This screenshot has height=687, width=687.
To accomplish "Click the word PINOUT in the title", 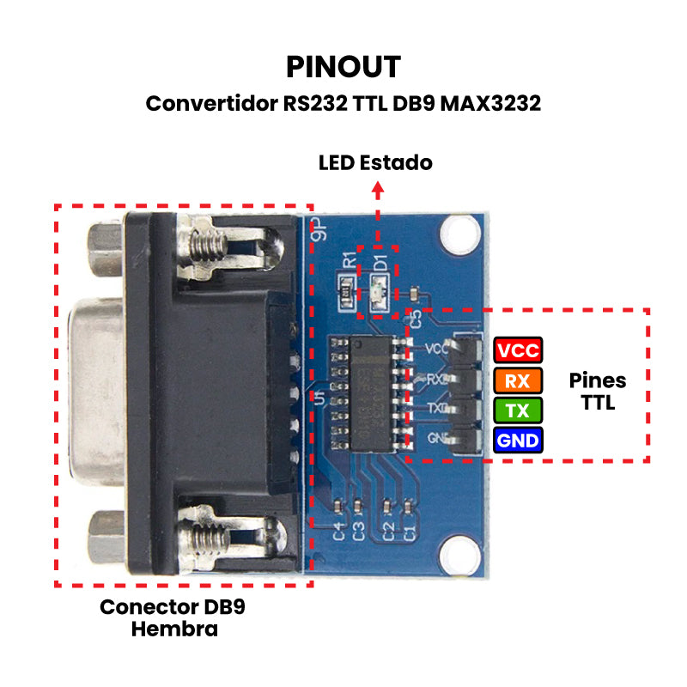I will point(343,66).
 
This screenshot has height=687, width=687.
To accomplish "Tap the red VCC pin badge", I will point(518,351).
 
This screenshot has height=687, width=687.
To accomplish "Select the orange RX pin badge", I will point(518,381).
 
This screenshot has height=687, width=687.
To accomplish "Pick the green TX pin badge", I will point(518,410).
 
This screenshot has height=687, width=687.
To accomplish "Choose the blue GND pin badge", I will point(518,441).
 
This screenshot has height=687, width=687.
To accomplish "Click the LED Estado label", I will point(375,162).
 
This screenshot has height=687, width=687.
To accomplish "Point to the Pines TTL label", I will point(598,391).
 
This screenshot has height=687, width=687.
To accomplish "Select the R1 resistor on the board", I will point(345,293).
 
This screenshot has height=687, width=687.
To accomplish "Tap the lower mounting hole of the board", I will point(459,553).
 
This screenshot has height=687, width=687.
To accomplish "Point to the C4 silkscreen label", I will point(339,532).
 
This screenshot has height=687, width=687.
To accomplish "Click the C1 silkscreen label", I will point(410,532).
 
